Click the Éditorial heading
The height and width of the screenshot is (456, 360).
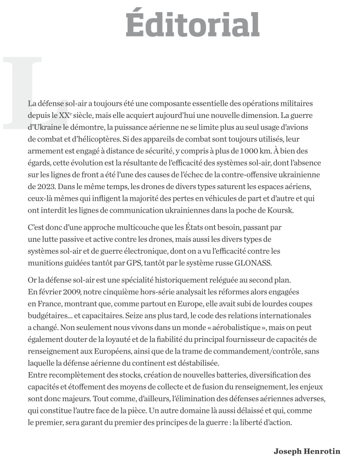[x=192, y=23]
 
